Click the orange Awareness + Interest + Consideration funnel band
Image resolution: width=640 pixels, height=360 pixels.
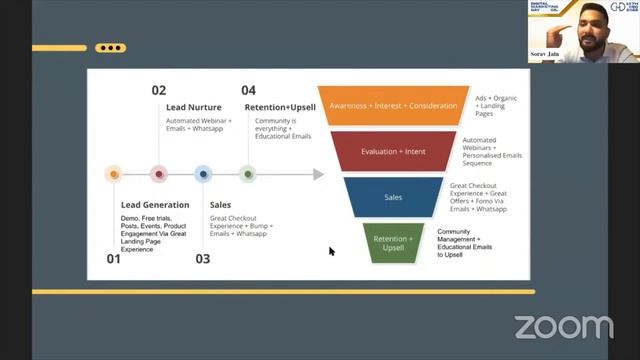pyautogui.click(x=393, y=104)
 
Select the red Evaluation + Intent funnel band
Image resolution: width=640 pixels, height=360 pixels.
pyautogui.click(x=393, y=151)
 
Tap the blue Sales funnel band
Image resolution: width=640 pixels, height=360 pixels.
pyautogui.click(x=393, y=197)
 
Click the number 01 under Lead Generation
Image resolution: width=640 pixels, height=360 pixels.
pyautogui.click(x=113, y=259)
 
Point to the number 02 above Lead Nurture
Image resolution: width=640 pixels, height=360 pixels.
pyautogui.click(x=159, y=90)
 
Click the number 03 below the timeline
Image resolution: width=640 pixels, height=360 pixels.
pyautogui.click(x=203, y=259)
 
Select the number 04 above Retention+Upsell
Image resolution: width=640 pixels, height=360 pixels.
pyautogui.click(x=248, y=90)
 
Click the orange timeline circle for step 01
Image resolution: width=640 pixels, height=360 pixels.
pyautogui.click(x=113, y=174)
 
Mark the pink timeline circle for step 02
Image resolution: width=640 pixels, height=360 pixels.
pyautogui.click(x=158, y=174)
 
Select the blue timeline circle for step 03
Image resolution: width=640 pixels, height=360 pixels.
pyautogui.click(x=203, y=174)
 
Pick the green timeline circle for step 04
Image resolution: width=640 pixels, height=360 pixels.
pyautogui.click(x=248, y=174)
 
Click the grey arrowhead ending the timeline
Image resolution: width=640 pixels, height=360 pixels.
pyautogui.click(x=319, y=174)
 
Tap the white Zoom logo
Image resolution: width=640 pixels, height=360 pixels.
pyautogui.click(x=563, y=326)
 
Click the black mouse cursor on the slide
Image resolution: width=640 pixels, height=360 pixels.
pyautogui.click(x=332, y=251)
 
